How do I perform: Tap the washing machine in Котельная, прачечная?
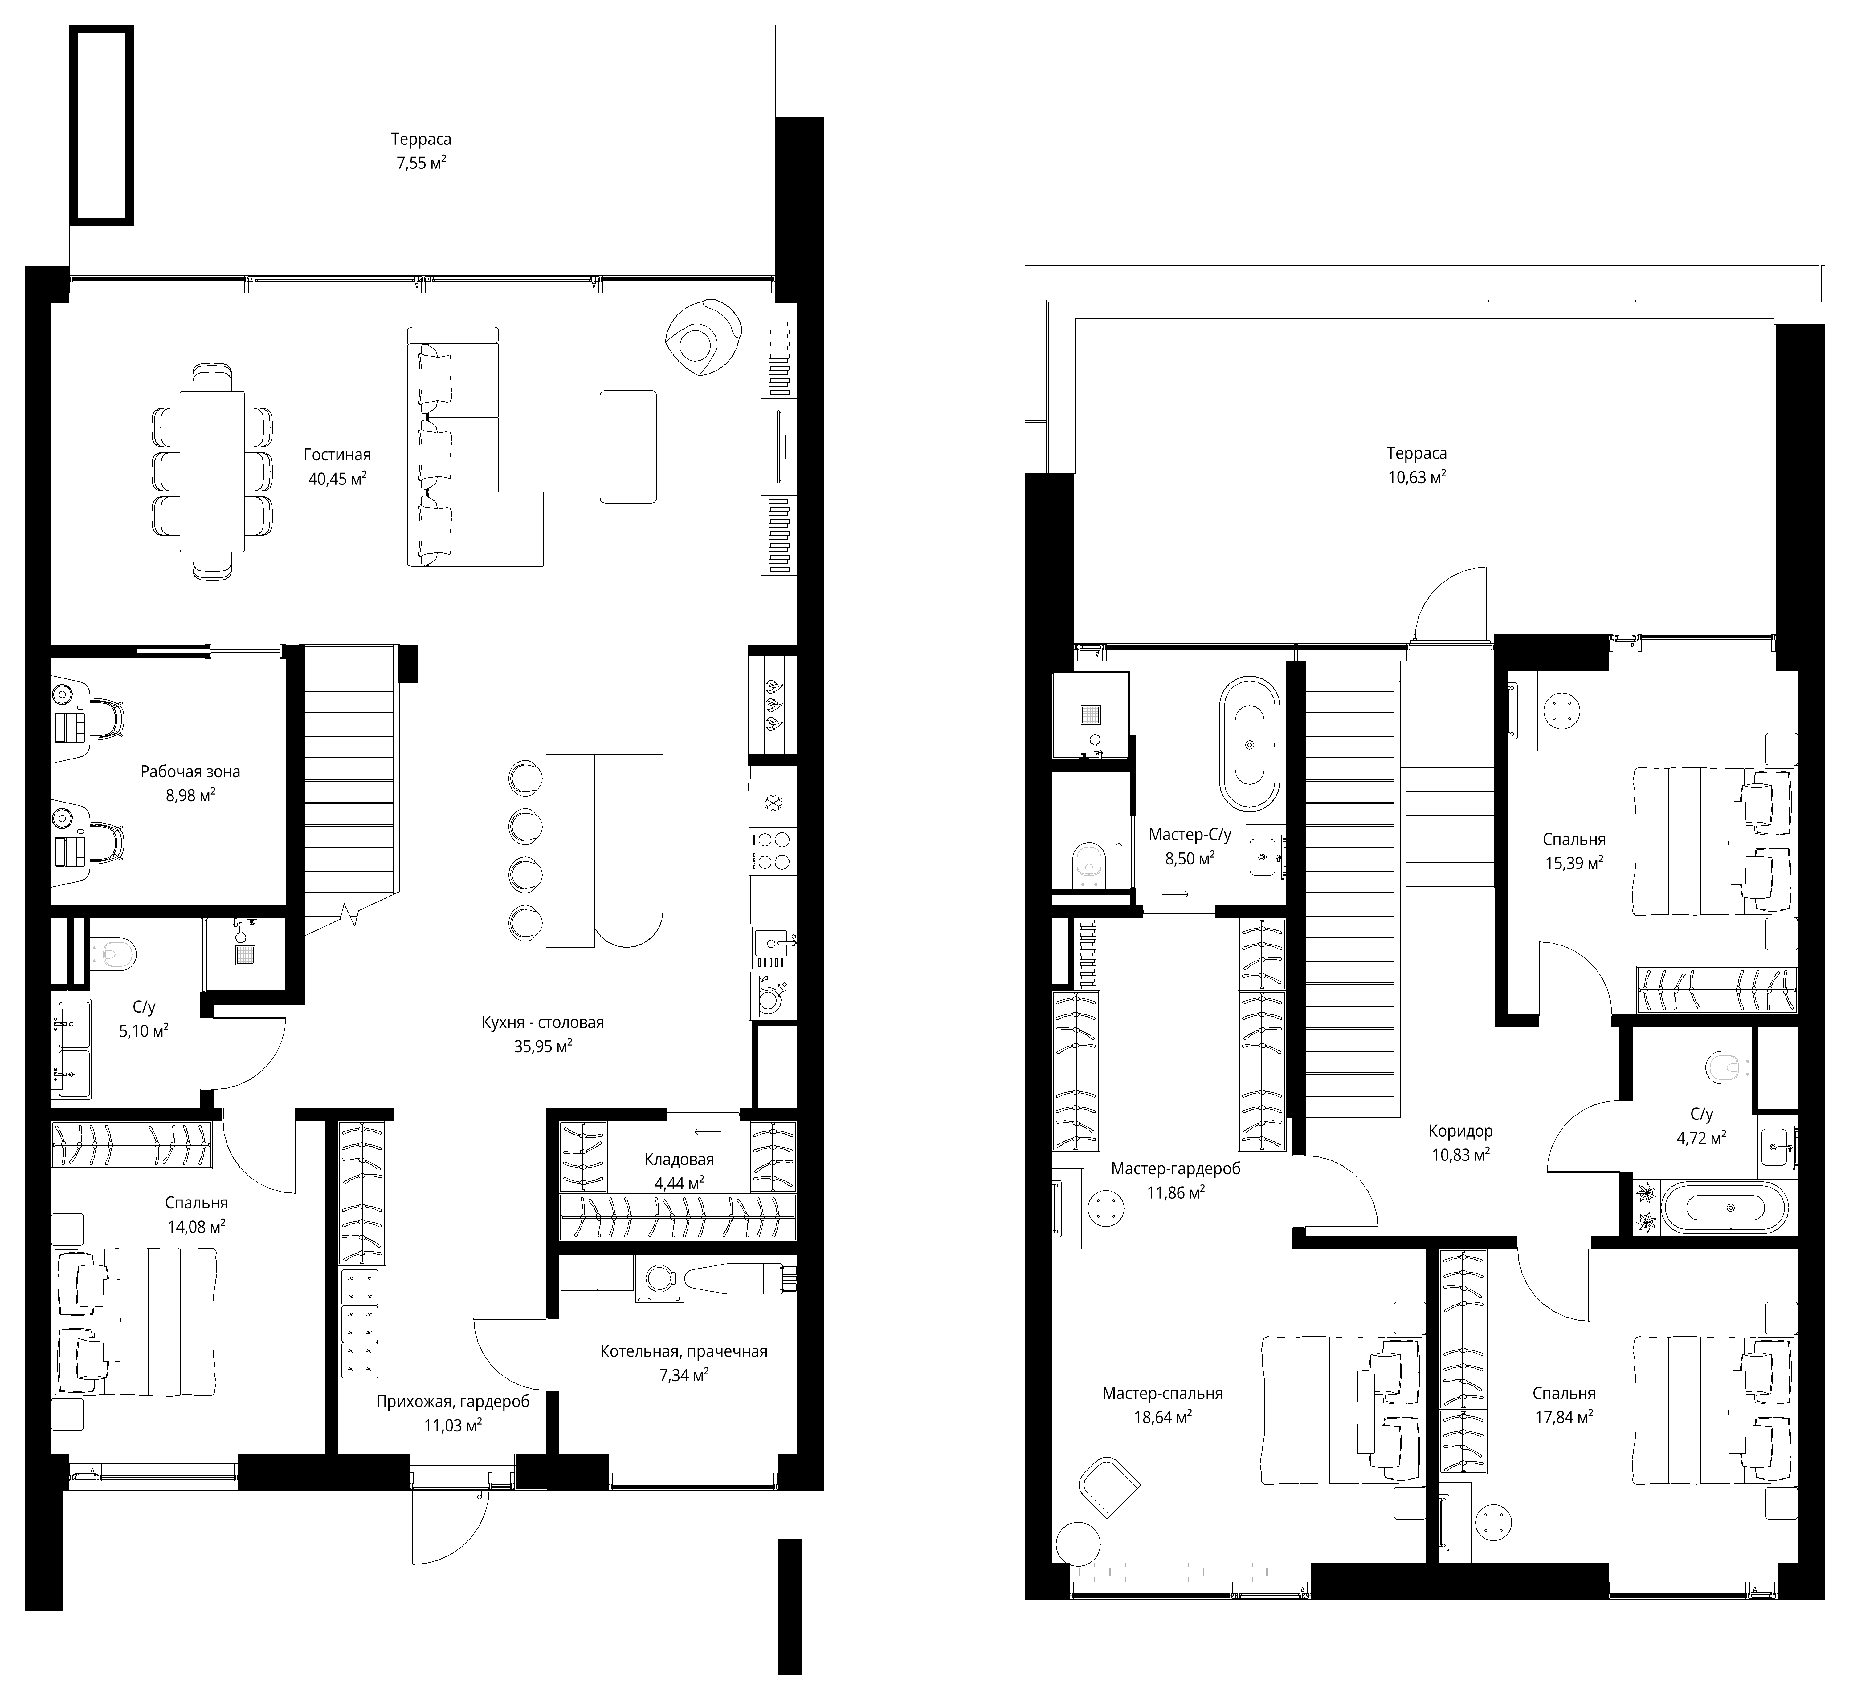point(659,1280)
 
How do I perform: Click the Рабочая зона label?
point(190,772)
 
